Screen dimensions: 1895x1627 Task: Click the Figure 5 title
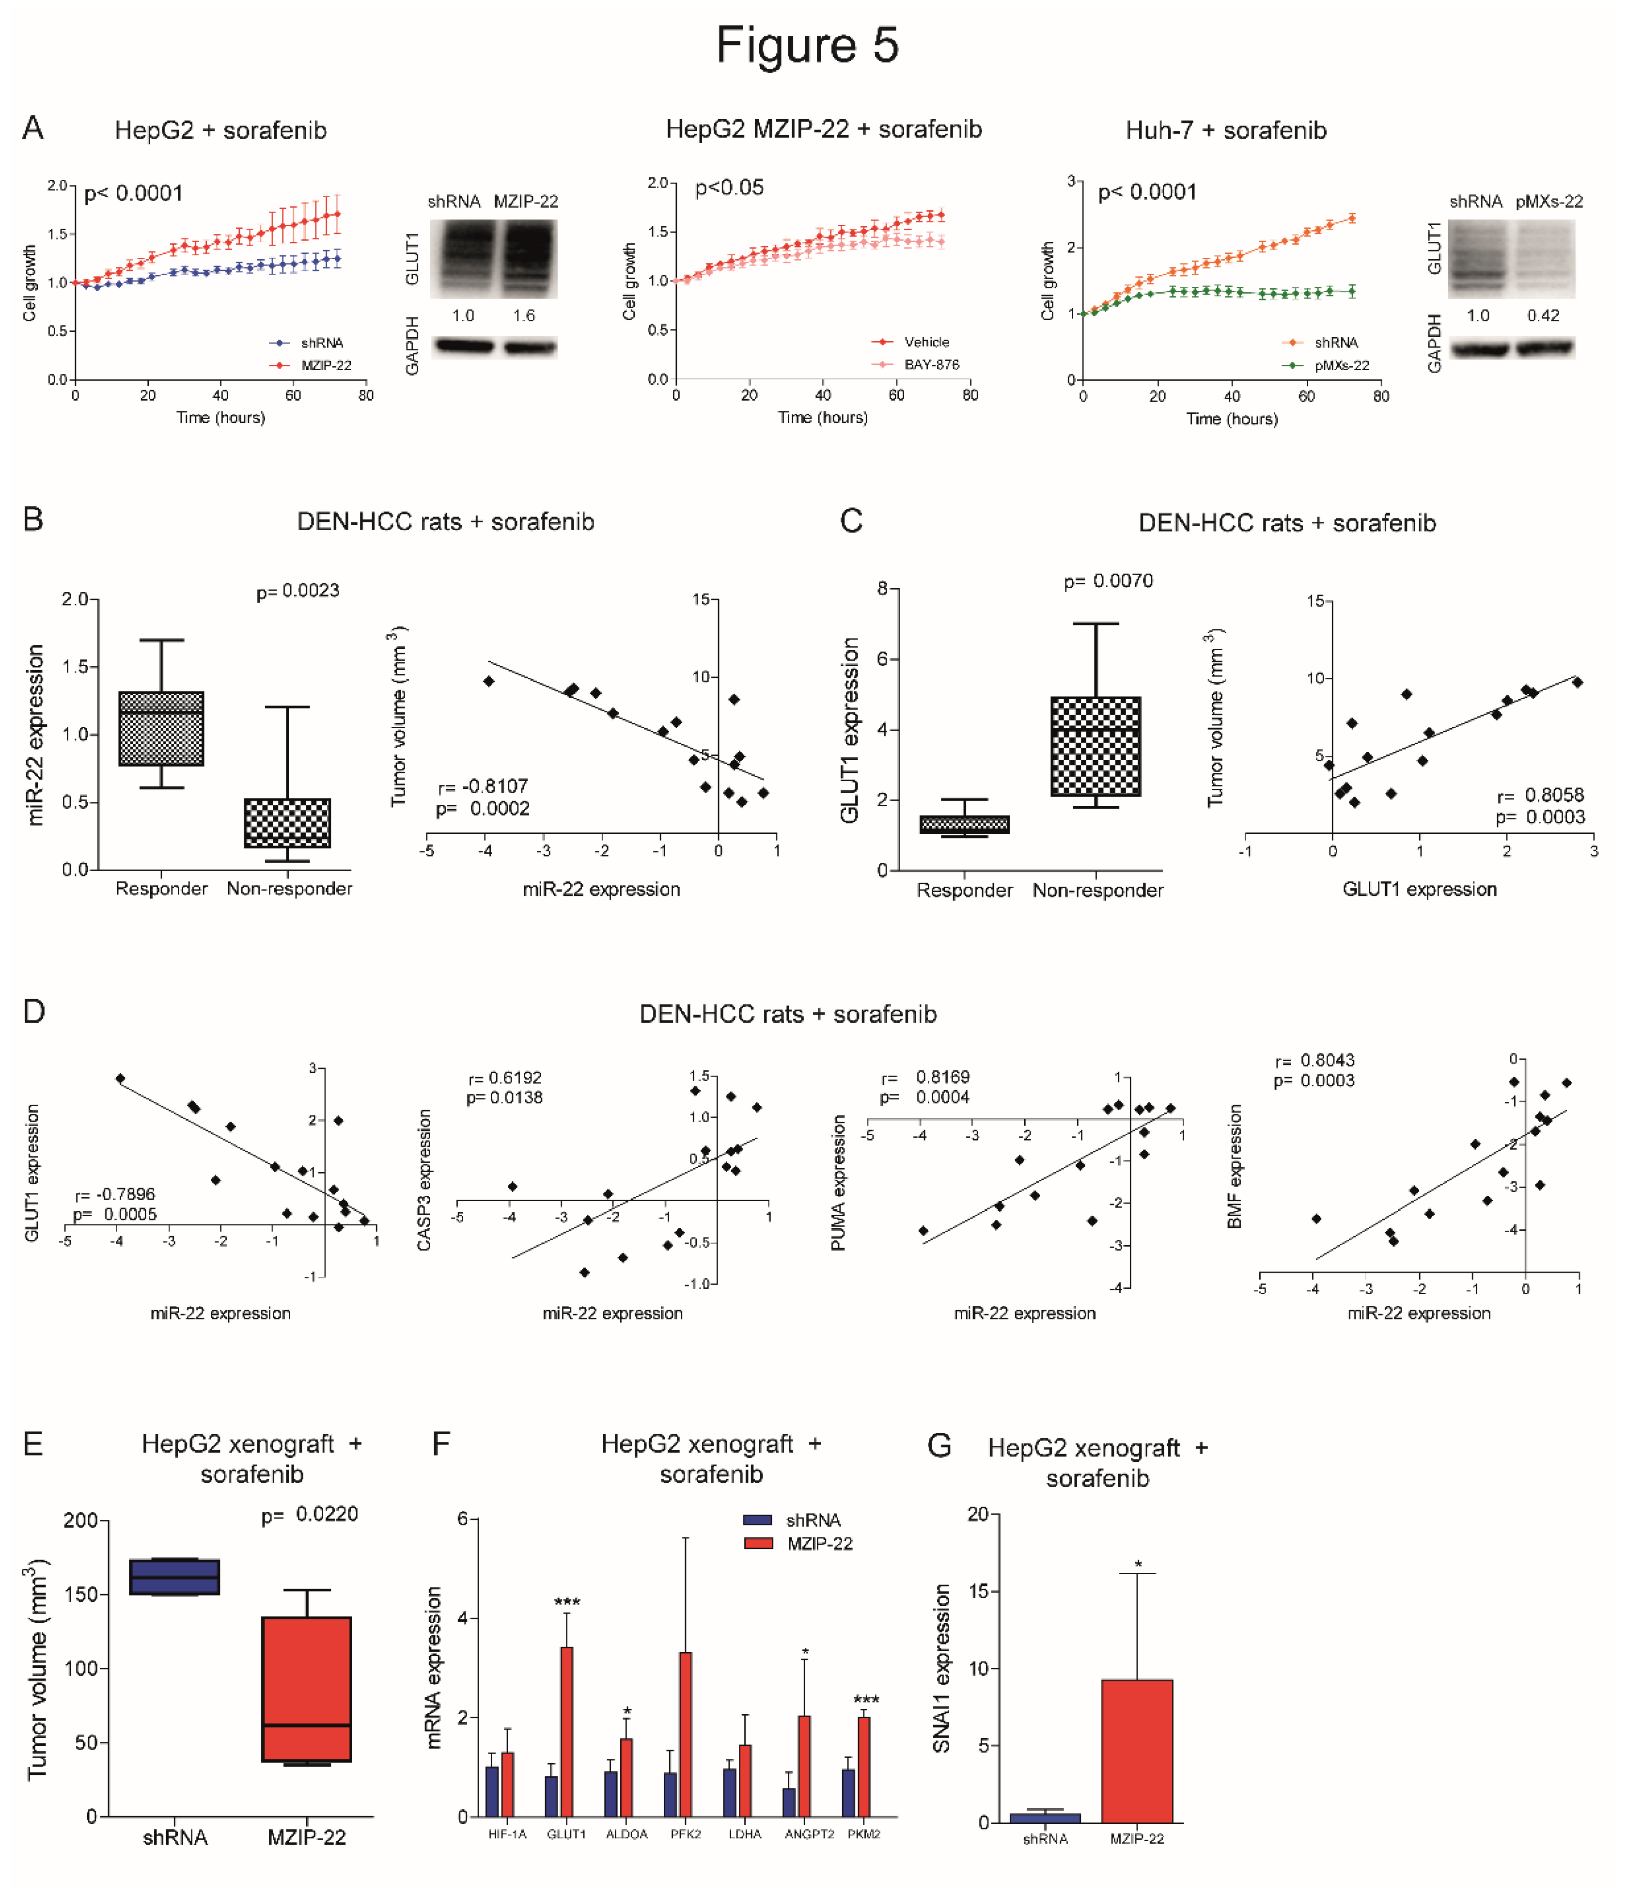pos(808,46)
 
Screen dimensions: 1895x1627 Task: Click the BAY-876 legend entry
pos(931,364)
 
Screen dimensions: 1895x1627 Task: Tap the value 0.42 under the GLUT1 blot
pos(1543,315)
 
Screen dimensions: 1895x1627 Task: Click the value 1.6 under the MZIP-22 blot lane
pos(524,315)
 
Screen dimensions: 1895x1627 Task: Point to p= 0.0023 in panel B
pos(297,591)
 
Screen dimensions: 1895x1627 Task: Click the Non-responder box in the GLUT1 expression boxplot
pos(1095,746)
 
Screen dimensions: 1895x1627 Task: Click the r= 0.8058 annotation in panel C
pos(1540,795)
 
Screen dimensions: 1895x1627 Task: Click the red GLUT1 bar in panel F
pos(567,1731)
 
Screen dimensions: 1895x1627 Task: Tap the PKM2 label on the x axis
pos(863,1834)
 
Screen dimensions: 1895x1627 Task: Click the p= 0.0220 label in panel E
pos(309,1514)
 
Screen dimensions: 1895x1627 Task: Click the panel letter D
pos(34,1012)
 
